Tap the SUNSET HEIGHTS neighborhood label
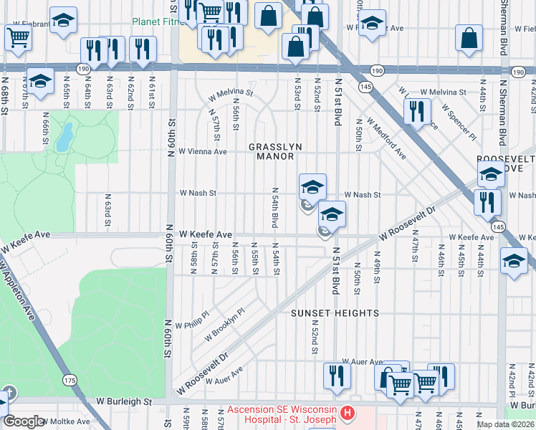point(334,313)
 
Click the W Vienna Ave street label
point(203,151)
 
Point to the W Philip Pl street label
point(191,318)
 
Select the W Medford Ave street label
point(386,138)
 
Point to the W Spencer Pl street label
point(459,121)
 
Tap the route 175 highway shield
point(70,379)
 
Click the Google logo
point(24,421)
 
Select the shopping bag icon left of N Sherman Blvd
point(468,41)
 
